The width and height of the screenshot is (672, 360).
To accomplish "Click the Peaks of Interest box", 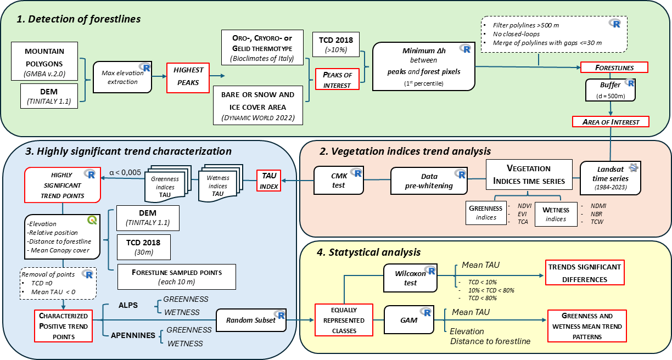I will [337, 78].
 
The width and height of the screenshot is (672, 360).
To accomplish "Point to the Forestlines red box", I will [614, 67].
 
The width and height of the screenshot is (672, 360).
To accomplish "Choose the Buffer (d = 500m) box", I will [610, 90].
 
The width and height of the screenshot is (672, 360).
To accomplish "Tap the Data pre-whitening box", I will [429, 181].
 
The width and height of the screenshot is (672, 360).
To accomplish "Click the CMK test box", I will [339, 181].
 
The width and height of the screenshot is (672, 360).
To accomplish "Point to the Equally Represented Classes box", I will [340, 320].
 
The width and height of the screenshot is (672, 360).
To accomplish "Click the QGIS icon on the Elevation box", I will [92, 221].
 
